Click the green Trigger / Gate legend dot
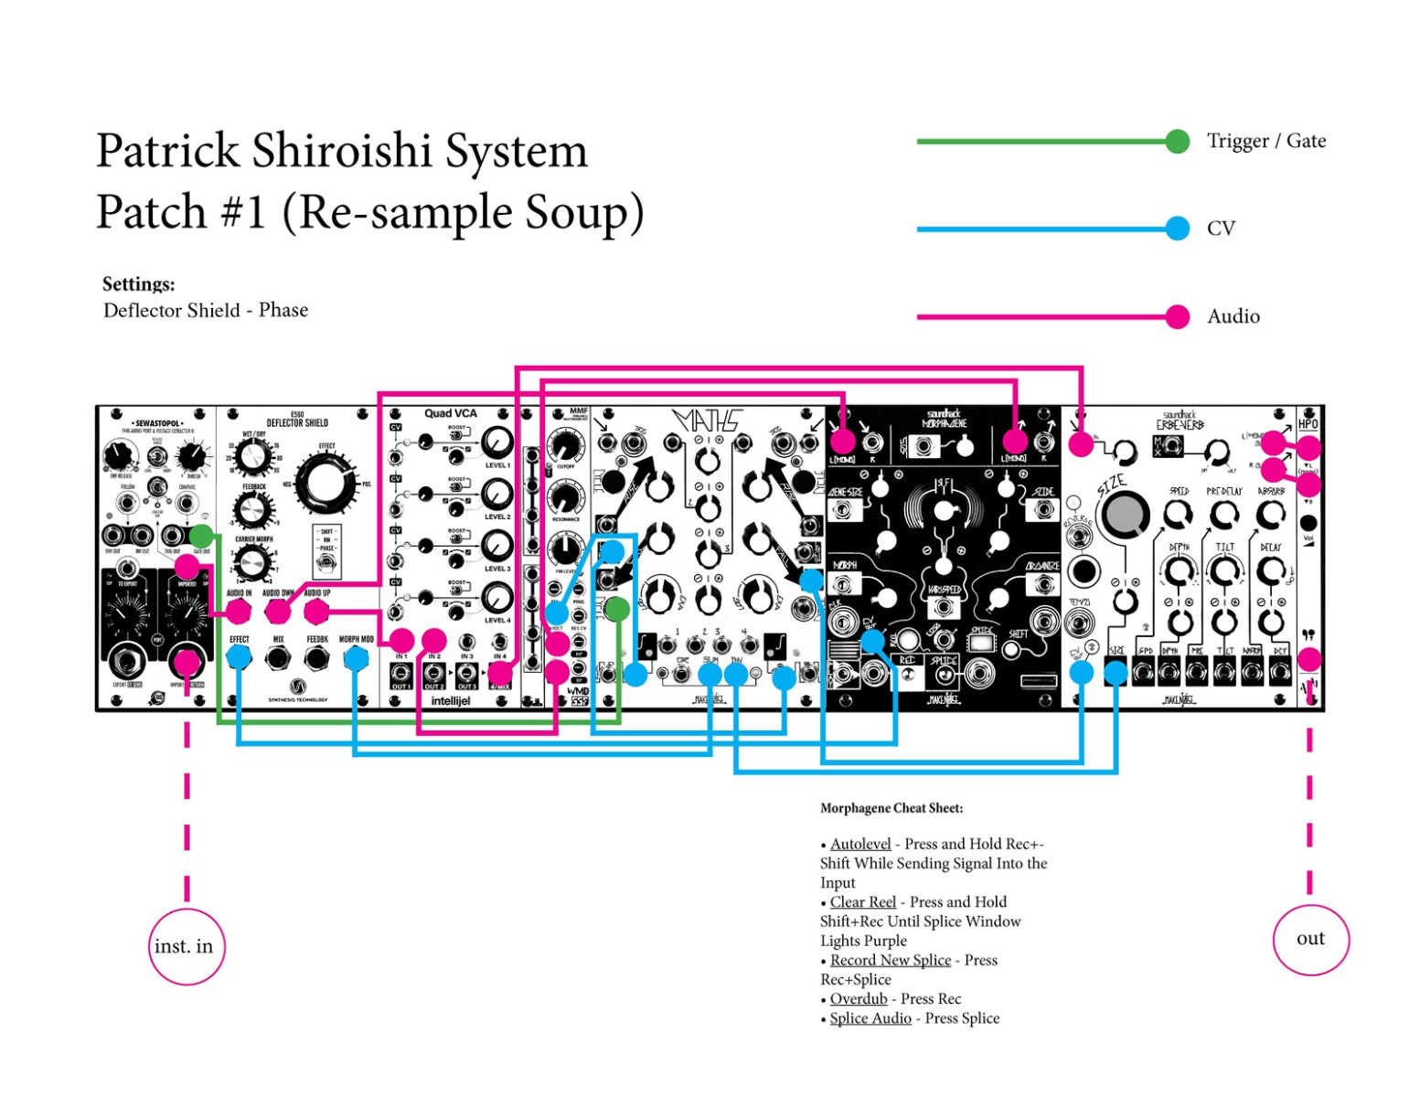click(x=1178, y=142)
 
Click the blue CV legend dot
click(x=1178, y=229)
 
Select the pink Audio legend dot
click(x=1178, y=316)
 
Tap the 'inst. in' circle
click(x=187, y=946)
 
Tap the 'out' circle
click(x=1310, y=939)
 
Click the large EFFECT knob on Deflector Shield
click(x=326, y=485)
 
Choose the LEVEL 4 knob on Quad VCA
click(x=496, y=599)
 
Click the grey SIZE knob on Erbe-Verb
click(x=1126, y=515)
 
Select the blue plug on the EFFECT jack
click(x=239, y=656)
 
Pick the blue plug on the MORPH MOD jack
click(x=355, y=656)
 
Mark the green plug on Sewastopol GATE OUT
click(x=201, y=536)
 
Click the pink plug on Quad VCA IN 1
click(x=401, y=640)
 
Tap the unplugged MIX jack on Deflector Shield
click(x=278, y=656)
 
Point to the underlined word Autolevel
click(x=860, y=844)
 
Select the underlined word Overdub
click(x=858, y=998)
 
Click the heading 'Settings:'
click(x=138, y=284)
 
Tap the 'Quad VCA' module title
click(x=450, y=413)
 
